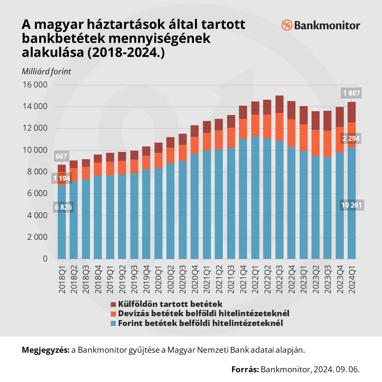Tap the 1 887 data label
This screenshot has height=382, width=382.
point(351,93)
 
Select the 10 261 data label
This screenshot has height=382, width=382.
point(351,205)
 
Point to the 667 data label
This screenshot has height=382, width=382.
point(62,157)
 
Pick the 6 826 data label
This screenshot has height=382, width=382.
point(62,207)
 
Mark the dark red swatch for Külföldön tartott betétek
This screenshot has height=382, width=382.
point(113,304)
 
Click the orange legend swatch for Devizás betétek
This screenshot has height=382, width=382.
point(113,314)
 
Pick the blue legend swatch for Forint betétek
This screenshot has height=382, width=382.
point(113,323)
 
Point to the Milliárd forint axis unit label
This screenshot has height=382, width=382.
point(46,71)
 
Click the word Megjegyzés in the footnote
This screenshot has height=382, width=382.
point(45,350)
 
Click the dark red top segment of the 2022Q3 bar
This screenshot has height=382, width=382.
point(280,104)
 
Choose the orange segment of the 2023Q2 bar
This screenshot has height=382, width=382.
point(316,143)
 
